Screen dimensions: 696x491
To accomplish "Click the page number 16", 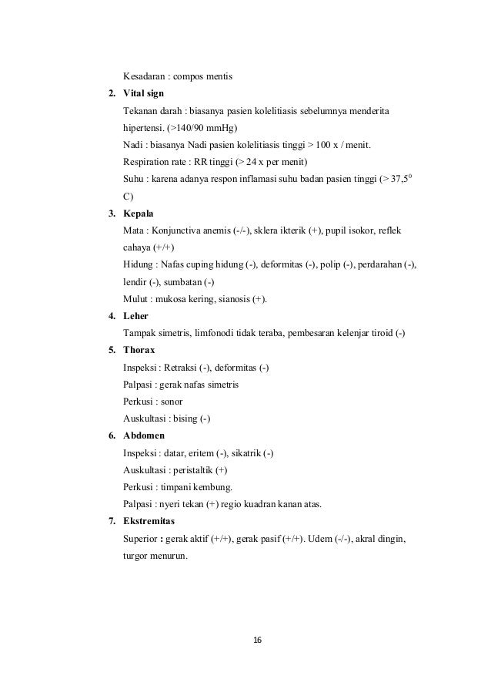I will [257, 640].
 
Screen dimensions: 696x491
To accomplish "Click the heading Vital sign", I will [144, 93].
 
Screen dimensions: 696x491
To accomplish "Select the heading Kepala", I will [139, 213].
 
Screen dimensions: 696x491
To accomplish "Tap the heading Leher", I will [136, 316].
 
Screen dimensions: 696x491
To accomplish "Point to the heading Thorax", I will [139, 350].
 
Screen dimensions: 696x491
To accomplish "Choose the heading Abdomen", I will [144, 435].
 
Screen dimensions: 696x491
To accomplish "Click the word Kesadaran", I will [144, 76].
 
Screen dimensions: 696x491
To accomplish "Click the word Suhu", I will [133, 179].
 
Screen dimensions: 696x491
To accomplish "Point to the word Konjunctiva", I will [180, 230].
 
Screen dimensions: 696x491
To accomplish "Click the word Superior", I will [142, 539].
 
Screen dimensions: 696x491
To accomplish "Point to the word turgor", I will [136, 556].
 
